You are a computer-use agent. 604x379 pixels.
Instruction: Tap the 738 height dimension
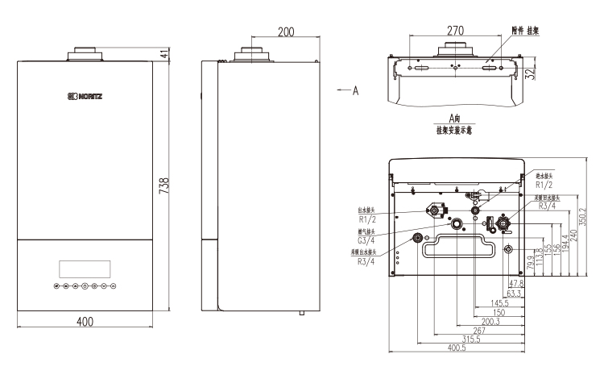(x=164, y=187)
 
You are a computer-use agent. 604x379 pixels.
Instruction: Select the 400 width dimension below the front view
(x=84, y=322)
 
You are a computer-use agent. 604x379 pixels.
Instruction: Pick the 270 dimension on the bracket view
(x=455, y=31)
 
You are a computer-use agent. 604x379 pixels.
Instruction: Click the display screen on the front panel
(x=84, y=269)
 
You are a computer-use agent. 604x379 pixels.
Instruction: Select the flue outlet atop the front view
(x=84, y=54)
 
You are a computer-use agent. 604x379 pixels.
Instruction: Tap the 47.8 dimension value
(x=514, y=283)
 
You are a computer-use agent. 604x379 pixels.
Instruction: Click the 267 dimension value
(x=481, y=330)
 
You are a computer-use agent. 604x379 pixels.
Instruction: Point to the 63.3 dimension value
(x=514, y=294)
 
